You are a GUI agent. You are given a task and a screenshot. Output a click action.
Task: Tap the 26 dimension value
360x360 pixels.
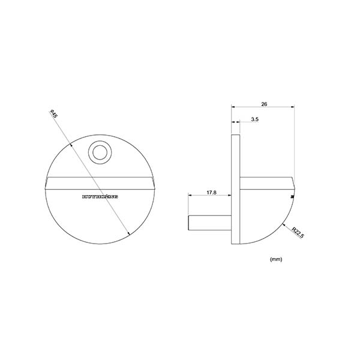[x=264, y=103]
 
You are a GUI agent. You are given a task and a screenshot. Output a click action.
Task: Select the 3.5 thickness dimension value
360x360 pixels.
[x=254, y=120]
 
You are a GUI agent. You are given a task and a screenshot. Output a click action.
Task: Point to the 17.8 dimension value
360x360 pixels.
[x=211, y=193]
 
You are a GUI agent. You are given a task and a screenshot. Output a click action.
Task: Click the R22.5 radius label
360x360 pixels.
[x=296, y=232]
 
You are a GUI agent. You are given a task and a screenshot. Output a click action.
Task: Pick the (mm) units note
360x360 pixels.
[x=276, y=259]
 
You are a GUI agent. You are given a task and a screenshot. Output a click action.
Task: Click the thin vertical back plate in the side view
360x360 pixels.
[x=236, y=189]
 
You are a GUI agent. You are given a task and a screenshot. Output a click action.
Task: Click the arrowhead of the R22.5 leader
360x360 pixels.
[x=282, y=223]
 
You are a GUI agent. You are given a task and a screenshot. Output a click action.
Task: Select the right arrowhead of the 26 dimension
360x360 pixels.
[x=292, y=107]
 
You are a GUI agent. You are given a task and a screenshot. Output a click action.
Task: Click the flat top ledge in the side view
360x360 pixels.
[x=267, y=178]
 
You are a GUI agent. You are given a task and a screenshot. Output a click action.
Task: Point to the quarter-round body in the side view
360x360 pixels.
[x=264, y=207]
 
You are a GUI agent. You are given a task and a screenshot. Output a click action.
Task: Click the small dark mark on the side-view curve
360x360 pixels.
[x=292, y=195]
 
